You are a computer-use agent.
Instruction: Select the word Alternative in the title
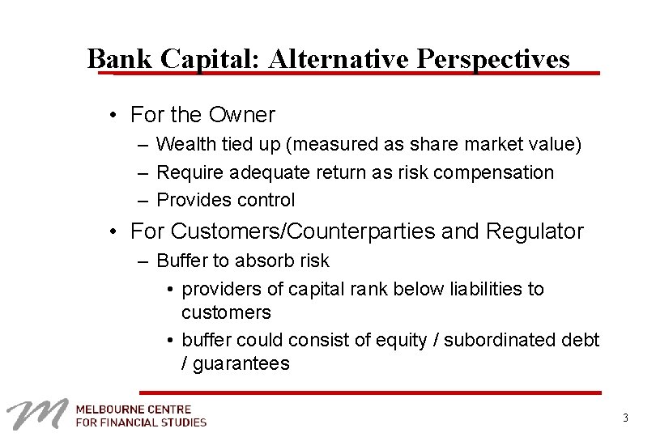[341, 58]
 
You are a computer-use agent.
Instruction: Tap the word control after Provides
[266, 200]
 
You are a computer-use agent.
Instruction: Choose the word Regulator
[535, 231]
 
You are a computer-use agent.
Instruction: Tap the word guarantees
[241, 363]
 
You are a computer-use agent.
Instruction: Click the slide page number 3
[625, 418]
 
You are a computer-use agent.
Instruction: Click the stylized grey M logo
[37, 414]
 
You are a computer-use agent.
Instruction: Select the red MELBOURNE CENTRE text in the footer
[134, 409]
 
